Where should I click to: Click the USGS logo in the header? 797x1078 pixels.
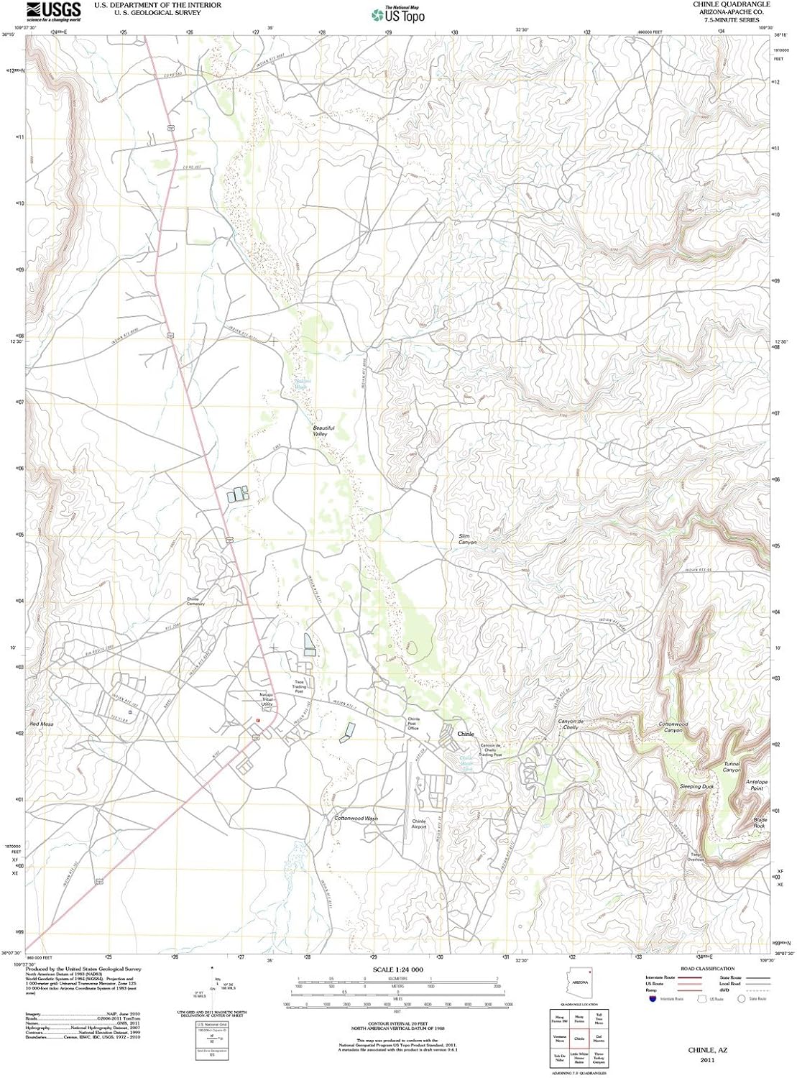(x=53, y=11)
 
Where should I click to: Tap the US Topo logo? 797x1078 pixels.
(x=398, y=14)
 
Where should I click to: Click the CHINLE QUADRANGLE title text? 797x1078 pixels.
(x=731, y=4)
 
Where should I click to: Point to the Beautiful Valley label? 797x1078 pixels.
(x=323, y=431)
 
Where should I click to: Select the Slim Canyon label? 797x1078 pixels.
(x=467, y=539)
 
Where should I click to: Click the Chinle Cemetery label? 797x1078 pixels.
(x=195, y=602)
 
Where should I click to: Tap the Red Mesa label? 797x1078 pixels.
(x=41, y=724)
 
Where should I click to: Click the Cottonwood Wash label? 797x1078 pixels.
(x=356, y=819)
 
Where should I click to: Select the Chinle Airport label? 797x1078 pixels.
(x=419, y=824)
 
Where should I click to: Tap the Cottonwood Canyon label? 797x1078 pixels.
(x=673, y=727)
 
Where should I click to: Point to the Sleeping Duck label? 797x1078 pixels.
(x=696, y=787)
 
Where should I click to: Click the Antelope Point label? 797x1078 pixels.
(x=757, y=785)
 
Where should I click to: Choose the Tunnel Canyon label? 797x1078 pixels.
(x=731, y=767)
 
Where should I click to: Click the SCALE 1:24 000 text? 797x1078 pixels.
(x=397, y=969)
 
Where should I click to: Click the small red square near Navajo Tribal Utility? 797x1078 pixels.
(x=258, y=720)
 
